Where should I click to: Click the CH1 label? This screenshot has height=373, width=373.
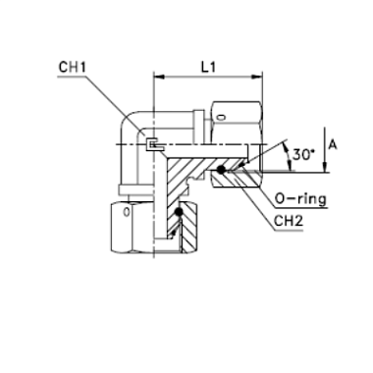[x=72, y=67]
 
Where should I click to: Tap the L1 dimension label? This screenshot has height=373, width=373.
[x=208, y=68]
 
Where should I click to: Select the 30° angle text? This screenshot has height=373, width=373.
[x=301, y=154]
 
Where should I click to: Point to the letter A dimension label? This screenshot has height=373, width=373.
[x=333, y=144]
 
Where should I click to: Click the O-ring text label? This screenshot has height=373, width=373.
[x=300, y=198]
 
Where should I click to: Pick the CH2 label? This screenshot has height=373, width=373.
[x=289, y=221]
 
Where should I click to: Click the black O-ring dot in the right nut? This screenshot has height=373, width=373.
[x=222, y=169]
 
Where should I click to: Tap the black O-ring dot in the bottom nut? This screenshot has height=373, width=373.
[x=179, y=212]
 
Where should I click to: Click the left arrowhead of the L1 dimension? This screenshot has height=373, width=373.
[x=158, y=78]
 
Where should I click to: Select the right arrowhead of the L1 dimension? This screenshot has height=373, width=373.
[x=257, y=78]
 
